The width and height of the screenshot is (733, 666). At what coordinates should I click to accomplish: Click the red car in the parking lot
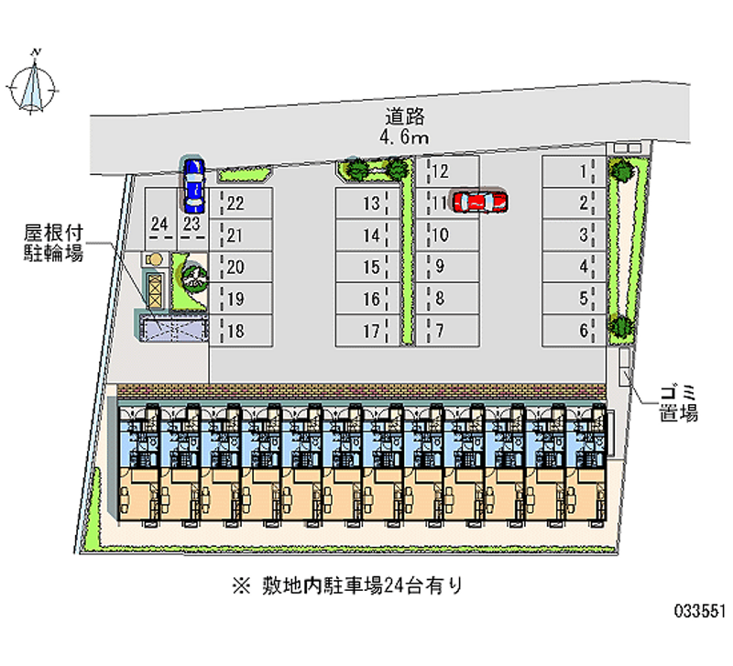(x=480, y=201)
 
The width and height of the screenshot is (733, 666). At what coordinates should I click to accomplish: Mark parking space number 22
(x=244, y=203)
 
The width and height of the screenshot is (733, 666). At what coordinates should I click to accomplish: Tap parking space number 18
(x=244, y=330)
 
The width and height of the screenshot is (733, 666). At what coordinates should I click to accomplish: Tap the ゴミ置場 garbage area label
(x=678, y=403)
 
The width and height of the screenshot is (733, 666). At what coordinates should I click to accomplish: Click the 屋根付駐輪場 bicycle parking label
(x=53, y=245)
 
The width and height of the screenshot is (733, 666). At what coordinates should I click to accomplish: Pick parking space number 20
(x=244, y=267)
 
